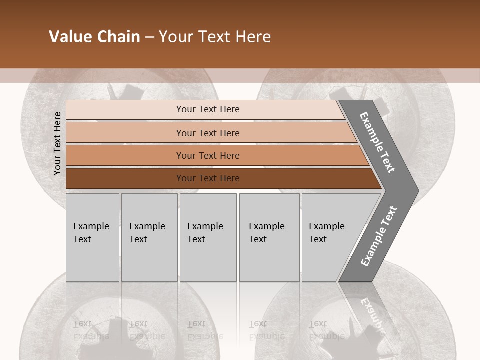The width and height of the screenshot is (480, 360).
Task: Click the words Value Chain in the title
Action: pyautogui.click(x=94, y=37)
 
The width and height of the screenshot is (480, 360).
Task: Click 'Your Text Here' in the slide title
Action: pyautogui.click(x=215, y=37)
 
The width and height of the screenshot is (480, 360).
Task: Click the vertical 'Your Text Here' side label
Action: pyautogui.click(x=58, y=144)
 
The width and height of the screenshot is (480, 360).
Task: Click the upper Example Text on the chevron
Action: pyautogui.click(x=377, y=142)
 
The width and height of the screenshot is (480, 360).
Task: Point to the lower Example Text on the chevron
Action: pyautogui.click(x=379, y=236)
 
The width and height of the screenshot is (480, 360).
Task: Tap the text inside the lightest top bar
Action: pyautogui.click(x=208, y=109)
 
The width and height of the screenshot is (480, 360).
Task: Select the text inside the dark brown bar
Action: pyautogui.click(x=208, y=178)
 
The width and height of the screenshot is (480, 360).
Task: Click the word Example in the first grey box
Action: pyautogui.click(x=91, y=226)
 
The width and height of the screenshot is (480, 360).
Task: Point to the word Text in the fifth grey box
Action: pyautogui.click(x=318, y=239)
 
